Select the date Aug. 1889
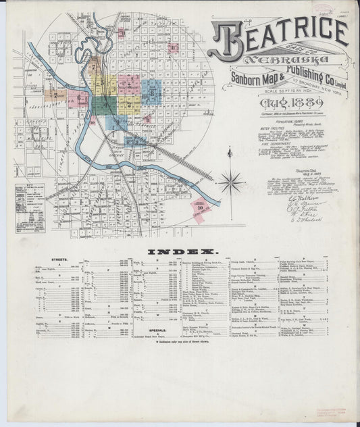[x=277, y=105]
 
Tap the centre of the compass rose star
[x=231, y=181]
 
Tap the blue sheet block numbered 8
[x=153, y=91]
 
